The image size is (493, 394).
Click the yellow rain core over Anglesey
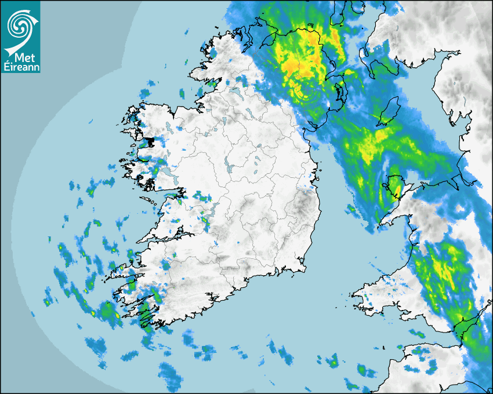(396, 187)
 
